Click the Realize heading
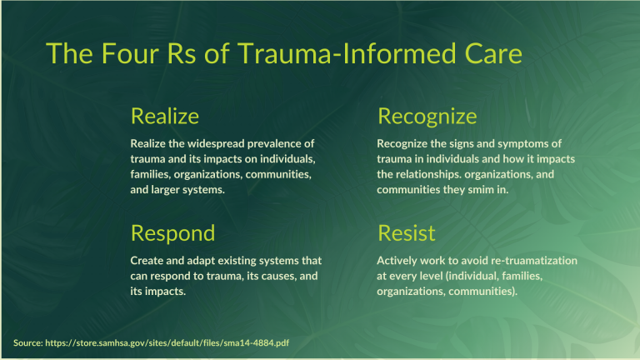(x=164, y=115)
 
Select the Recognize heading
(x=427, y=115)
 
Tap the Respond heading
(x=172, y=232)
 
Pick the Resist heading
(x=406, y=232)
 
